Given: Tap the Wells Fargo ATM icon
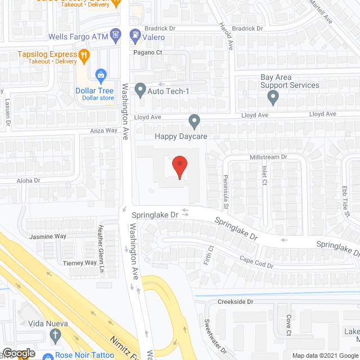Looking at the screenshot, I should tap(115, 36).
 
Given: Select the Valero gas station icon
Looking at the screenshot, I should tap(135, 36).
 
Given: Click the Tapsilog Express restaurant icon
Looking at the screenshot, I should tap(84, 55).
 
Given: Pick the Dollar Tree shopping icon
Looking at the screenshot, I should tap(101, 74).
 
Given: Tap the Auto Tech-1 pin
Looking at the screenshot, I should tap(140, 89).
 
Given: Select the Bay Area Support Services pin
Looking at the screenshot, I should tap(273, 98).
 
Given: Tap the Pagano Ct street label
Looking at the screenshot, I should tap(147, 52).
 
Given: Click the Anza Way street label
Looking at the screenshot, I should tap(103, 130).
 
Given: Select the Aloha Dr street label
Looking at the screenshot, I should tap(30, 181).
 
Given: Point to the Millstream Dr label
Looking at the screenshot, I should tap(268, 157).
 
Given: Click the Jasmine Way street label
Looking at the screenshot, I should tap(48, 236).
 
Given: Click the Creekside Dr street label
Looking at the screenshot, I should tap(236, 301).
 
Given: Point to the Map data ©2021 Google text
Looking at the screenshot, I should tap(325, 355).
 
